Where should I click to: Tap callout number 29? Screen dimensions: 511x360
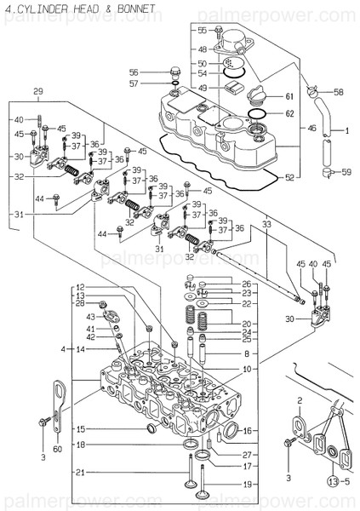coord(37,91)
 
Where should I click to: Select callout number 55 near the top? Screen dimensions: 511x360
coord(202,30)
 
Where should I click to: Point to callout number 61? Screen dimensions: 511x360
coord(289,96)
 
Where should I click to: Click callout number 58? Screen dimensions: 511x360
coord(338,91)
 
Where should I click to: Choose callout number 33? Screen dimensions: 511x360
coord(266,225)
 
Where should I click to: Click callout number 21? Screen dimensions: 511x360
coord(80,473)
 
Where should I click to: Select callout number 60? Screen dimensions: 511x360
coord(57,449)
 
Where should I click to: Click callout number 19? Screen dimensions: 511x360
coord(247,484)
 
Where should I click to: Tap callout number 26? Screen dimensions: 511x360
coord(247,284)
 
